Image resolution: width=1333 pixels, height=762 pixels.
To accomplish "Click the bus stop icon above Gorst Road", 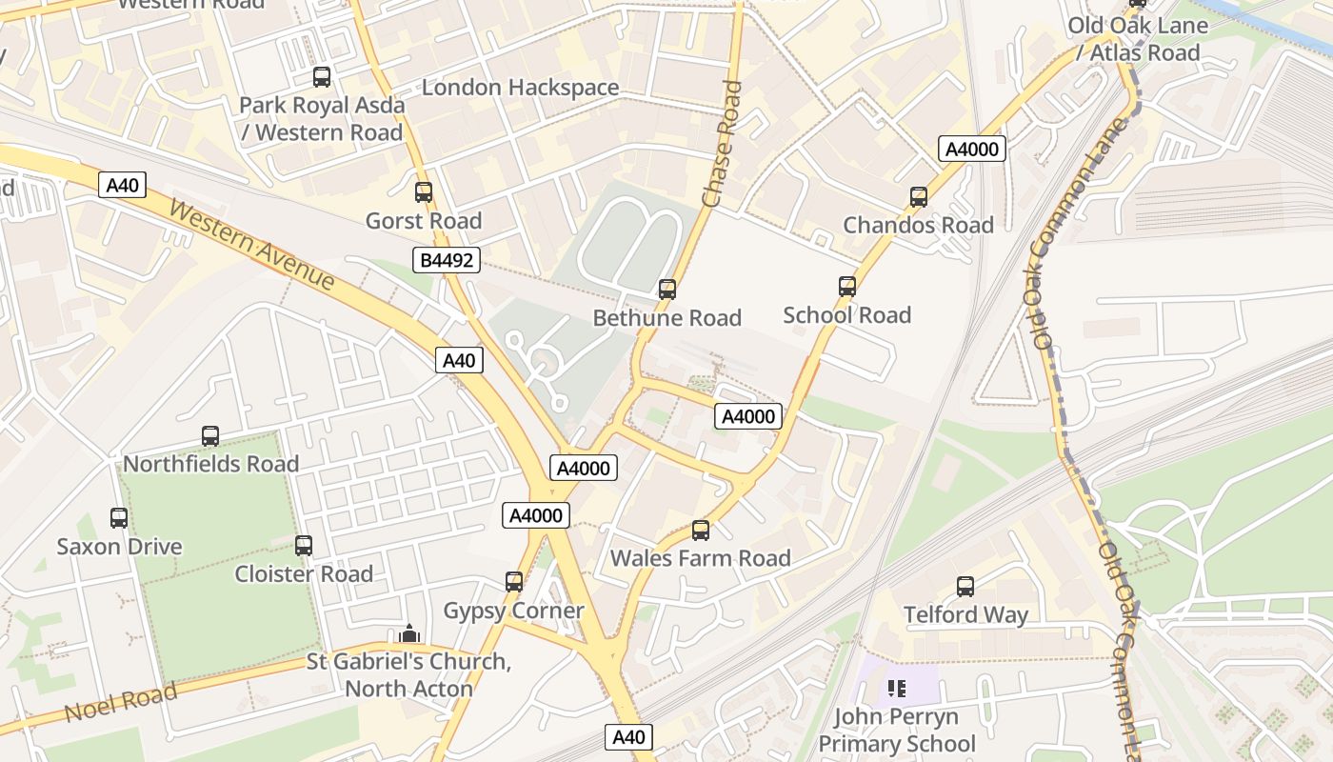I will [x=424, y=192].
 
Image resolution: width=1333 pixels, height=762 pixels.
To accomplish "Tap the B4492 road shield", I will [x=447, y=260].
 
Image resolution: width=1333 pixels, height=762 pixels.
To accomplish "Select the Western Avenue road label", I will [x=252, y=245].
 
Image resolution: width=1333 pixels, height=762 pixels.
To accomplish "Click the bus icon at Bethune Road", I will [x=667, y=289].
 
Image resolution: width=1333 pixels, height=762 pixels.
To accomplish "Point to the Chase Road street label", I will [x=722, y=144].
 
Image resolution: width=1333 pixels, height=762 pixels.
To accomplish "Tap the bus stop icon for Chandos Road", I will [x=919, y=197].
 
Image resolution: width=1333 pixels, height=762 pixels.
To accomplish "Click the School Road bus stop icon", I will [x=847, y=287].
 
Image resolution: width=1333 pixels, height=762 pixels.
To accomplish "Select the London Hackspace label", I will [x=520, y=88].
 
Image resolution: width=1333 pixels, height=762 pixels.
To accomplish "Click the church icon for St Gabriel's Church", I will [x=409, y=633].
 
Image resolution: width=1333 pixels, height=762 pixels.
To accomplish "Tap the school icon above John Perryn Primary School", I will [x=896, y=688].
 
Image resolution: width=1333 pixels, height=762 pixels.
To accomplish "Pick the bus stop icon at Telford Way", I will [x=965, y=587].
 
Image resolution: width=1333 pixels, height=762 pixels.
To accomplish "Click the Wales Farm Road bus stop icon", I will [x=701, y=531].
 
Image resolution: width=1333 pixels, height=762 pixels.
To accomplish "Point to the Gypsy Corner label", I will [x=514, y=611].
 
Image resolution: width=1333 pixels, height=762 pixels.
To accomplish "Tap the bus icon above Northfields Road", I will [x=210, y=436].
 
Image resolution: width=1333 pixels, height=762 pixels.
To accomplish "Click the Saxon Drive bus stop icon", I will [x=119, y=518].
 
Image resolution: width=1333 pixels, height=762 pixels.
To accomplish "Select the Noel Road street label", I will [x=121, y=703].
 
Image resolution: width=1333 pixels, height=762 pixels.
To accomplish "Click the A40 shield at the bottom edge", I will [x=628, y=736].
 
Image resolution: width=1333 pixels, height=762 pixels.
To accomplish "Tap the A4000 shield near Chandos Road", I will [x=972, y=149].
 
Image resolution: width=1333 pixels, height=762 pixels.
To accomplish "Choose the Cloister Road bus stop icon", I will [x=304, y=546].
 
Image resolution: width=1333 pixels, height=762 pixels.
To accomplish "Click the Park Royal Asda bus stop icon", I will [x=322, y=77].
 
